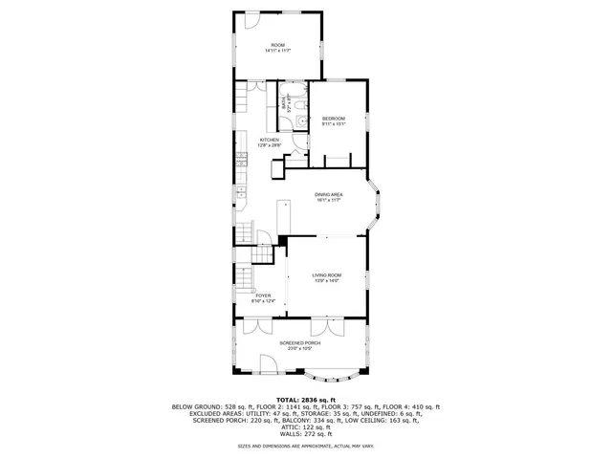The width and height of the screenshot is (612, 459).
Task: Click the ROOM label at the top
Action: click(278, 46)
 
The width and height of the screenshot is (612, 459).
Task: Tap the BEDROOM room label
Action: click(333, 119)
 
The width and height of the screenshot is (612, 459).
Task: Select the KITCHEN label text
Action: click(270, 140)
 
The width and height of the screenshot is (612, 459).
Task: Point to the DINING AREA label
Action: click(330, 195)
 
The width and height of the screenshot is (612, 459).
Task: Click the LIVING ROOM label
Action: click(327, 274)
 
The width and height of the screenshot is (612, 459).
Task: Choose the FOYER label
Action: click(263, 295)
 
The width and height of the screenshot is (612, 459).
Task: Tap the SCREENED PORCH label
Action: click(299, 342)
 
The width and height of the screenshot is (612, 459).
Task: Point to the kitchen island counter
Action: click(285, 216)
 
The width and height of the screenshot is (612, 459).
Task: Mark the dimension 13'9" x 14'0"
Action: click(327, 281)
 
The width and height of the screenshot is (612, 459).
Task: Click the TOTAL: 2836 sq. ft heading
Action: click(306, 400)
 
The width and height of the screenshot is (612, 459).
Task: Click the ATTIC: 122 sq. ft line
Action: click(306, 426)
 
